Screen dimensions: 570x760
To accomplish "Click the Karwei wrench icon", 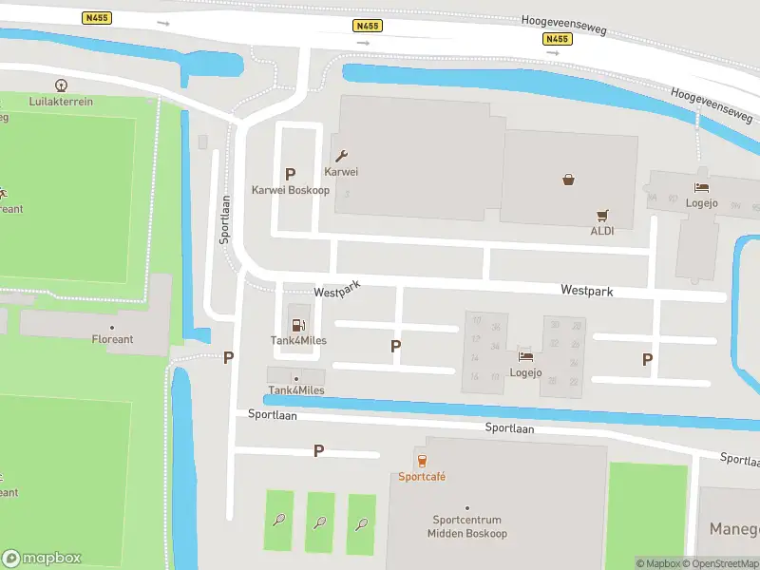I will tap(341, 156).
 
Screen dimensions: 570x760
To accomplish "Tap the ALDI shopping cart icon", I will tap(601, 216).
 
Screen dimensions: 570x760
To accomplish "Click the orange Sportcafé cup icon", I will tap(422, 461).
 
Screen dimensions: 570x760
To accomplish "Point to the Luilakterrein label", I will tap(63, 99).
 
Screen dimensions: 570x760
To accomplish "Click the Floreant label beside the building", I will tap(112, 339).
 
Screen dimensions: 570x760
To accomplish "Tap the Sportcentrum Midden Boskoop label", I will tap(466, 526).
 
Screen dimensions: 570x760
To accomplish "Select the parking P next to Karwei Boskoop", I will tap(290, 174).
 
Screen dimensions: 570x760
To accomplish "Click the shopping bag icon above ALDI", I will tap(568, 179).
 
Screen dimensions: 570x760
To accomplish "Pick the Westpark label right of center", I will tap(586, 290).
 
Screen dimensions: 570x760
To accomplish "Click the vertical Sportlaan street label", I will tap(225, 220).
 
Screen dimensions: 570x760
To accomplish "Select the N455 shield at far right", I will tap(557, 39).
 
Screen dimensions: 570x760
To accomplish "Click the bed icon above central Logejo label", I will tap(525, 356).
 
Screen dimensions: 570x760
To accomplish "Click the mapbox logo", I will tap(42, 558).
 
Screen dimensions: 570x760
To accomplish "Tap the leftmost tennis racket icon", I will tap(279, 520).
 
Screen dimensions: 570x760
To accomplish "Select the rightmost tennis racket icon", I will tap(361, 522).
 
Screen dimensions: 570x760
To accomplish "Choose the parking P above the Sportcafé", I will tap(318, 451).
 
